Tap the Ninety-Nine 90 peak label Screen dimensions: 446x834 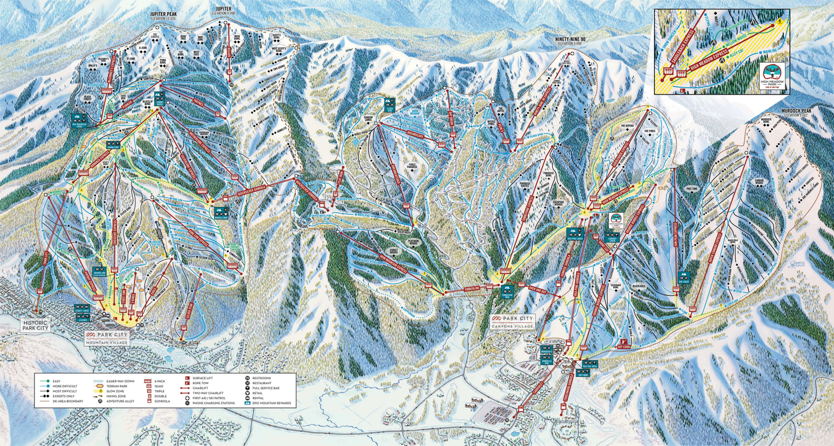570,40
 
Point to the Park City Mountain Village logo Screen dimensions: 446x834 108,338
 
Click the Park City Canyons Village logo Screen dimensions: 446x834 513,321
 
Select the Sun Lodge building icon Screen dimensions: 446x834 684,277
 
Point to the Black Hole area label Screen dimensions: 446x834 638,286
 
